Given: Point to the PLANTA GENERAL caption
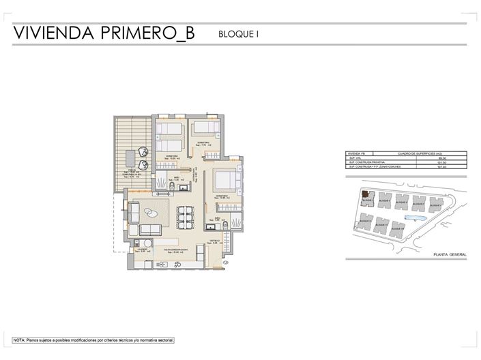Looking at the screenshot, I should [x=450, y=254].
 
